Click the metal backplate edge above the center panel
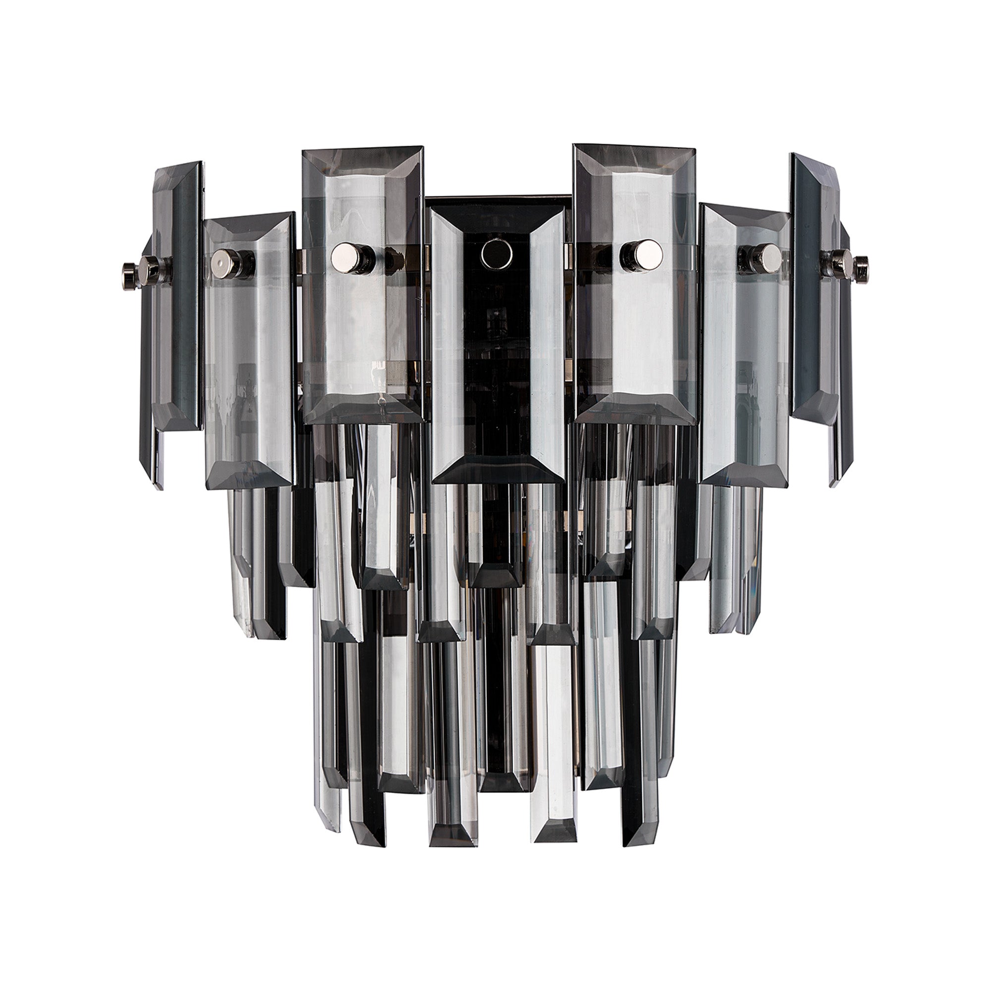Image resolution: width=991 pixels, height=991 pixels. point(496,200)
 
